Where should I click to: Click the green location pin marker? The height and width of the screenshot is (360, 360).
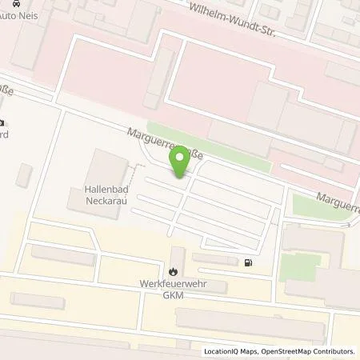tap(180, 163)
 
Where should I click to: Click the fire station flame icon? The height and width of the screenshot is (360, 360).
tap(174, 271)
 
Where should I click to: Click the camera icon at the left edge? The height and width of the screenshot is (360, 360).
tap(2, 123)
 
